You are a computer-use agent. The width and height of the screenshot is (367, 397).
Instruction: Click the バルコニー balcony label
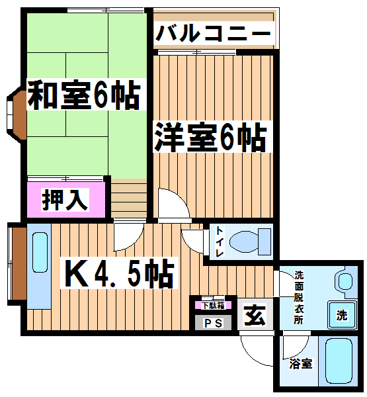tap(213, 32)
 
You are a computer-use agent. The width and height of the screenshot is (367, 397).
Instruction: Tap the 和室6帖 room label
tap(84, 95)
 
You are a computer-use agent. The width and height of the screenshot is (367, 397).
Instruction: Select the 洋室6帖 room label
tap(210, 137)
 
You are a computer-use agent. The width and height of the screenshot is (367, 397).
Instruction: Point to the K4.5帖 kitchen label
tap(119, 273)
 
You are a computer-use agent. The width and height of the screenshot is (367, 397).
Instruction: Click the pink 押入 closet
tap(66, 200)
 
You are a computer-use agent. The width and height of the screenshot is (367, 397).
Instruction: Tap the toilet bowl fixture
tap(250, 242)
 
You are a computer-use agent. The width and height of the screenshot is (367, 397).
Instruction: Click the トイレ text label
tap(220, 242)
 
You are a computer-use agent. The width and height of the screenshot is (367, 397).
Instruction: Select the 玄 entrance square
tap(255, 314)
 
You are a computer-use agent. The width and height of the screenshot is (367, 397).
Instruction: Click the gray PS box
tap(213, 323)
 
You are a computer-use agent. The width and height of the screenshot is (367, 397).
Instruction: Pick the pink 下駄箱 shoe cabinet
tap(213, 305)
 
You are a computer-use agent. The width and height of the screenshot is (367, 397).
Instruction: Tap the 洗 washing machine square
tap(342, 315)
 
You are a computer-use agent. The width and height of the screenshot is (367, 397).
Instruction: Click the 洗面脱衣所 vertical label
tap(299, 297)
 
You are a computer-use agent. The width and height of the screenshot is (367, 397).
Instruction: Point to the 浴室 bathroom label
tap(301, 364)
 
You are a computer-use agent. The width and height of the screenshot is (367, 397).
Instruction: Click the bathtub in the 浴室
tap(339, 361)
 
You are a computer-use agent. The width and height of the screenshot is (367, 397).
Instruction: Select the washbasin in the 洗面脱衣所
tap(345, 282)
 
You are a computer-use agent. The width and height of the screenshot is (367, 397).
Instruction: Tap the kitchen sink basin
tap(40, 253)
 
